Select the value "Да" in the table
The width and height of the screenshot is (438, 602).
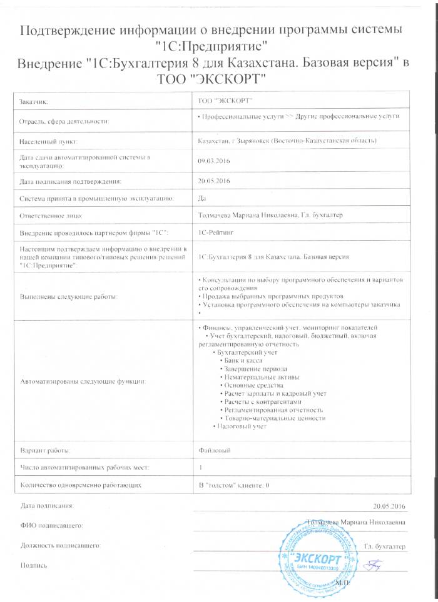[201, 198]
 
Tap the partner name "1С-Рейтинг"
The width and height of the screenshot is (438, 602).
[217, 233]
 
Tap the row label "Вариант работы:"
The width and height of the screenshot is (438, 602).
[46, 450]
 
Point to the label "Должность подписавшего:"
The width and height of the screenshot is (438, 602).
[61, 546]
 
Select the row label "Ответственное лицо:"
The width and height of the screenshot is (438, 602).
[51, 216]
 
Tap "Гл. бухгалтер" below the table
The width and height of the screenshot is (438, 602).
[384, 546]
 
